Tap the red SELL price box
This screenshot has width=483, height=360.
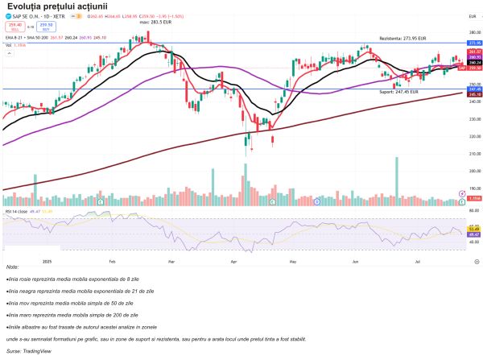[x=14, y=26]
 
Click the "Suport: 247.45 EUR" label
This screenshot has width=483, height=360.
[x=398, y=93]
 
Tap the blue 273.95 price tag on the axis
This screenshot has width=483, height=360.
[x=474, y=43]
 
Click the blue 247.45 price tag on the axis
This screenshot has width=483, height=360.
[x=474, y=89]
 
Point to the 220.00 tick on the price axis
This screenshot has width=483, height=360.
[x=473, y=135]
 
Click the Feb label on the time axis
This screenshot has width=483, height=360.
[x=112, y=263]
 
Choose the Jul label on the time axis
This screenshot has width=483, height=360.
[x=418, y=263]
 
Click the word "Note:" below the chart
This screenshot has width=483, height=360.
[x=12, y=267]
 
